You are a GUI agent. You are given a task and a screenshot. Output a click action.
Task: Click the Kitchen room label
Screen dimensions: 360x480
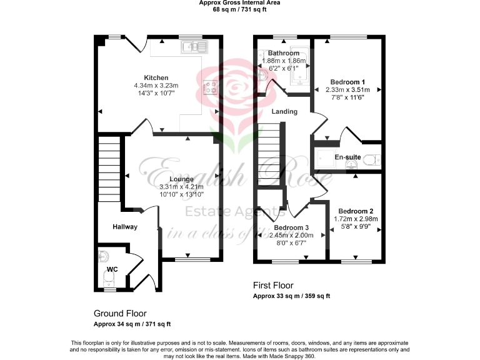point(156,77)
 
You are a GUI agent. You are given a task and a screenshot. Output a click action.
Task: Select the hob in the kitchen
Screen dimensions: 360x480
point(208,88)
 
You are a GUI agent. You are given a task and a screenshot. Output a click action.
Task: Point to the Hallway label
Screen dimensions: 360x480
point(125,226)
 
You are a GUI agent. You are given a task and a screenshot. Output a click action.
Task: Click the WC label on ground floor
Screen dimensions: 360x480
point(112,269)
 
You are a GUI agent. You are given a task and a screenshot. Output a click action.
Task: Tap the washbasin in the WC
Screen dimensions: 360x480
point(104,256)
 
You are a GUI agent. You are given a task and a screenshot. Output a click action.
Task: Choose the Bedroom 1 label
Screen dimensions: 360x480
point(347,82)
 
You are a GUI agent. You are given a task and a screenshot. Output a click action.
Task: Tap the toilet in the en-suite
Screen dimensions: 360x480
point(372,159)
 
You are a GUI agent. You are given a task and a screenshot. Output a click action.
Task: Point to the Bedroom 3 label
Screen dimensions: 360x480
point(291,227)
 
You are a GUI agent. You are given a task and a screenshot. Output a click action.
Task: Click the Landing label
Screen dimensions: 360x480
point(284,111)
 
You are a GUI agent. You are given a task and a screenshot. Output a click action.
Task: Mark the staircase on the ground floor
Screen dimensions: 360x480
point(108,169)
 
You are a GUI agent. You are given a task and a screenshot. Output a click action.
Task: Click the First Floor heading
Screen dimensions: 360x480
point(273,285)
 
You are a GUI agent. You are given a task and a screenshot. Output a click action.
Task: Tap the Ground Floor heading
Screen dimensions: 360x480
point(120,313)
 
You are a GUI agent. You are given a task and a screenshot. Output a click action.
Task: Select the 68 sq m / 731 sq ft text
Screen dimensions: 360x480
point(239,10)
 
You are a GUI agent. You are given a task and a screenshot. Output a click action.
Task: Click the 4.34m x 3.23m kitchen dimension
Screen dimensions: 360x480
point(156,85)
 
